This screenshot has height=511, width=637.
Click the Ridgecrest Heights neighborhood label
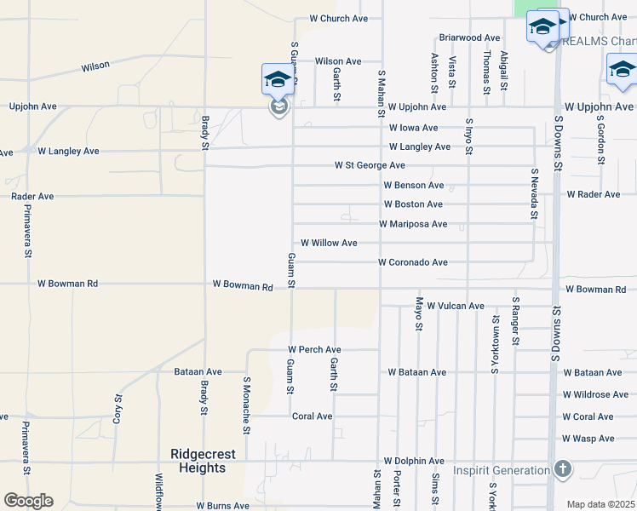click(203, 461)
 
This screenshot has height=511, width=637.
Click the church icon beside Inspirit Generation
click(562, 469)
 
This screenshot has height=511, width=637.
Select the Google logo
click(27, 500)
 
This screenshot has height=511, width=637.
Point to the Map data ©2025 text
click(601, 504)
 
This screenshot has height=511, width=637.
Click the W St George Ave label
click(370, 165)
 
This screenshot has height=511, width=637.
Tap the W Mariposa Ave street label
click(413, 224)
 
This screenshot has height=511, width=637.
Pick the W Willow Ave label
click(329, 243)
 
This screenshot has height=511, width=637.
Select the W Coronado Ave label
click(413, 262)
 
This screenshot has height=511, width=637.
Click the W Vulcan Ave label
click(456, 306)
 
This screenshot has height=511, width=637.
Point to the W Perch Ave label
click(314, 350)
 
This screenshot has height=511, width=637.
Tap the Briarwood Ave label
click(469, 37)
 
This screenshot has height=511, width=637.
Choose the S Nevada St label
click(534, 193)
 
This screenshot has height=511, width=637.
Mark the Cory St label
click(118, 409)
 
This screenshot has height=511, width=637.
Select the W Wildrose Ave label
click(595, 395)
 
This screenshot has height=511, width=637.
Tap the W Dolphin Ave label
click(414, 461)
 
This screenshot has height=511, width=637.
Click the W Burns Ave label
click(222, 505)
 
